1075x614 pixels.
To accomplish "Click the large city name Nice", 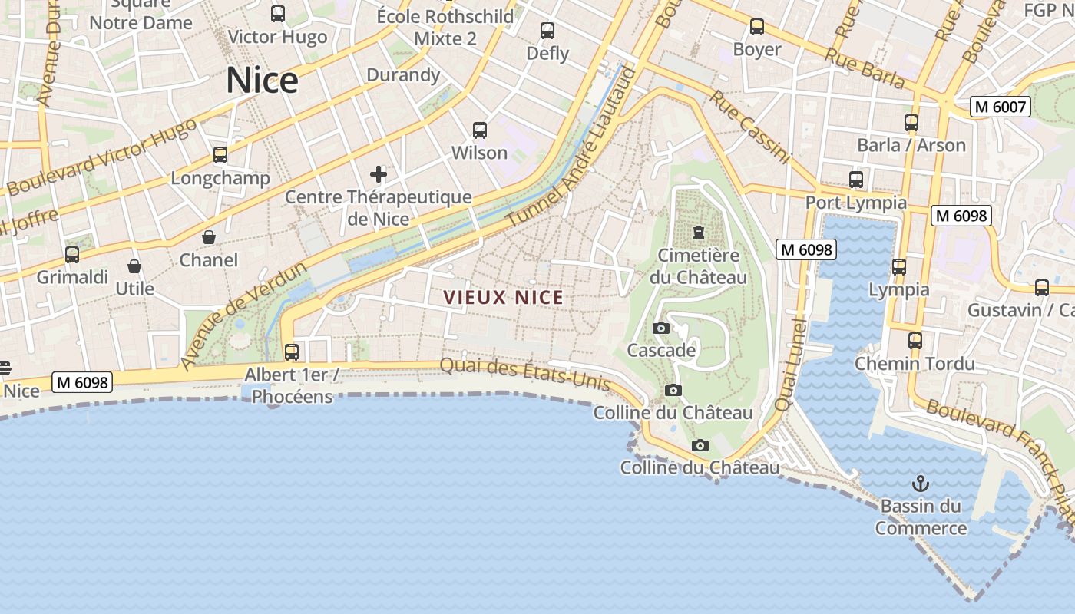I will (262, 81).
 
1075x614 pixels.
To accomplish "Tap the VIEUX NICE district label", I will (504, 298).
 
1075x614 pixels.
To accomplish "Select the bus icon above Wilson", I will (480, 130).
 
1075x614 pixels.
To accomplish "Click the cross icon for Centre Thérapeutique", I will (379, 174).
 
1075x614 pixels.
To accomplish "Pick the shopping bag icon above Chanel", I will (208, 237).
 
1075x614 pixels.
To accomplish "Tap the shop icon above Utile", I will (134, 266).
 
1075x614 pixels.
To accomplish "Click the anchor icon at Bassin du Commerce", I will (920, 484).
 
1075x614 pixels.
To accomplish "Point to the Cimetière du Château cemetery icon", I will (699, 232).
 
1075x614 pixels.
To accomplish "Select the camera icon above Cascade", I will (660, 328).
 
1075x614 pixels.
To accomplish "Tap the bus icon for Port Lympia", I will (856, 180).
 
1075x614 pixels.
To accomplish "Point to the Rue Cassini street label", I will (749, 127).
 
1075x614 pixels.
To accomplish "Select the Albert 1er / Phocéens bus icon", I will (292, 352).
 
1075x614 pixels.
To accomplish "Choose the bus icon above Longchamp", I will (220, 155).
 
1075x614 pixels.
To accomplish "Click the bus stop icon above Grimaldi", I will (72, 254).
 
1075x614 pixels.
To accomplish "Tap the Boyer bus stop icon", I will (757, 27).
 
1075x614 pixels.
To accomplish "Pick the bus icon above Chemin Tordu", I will (915, 340).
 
